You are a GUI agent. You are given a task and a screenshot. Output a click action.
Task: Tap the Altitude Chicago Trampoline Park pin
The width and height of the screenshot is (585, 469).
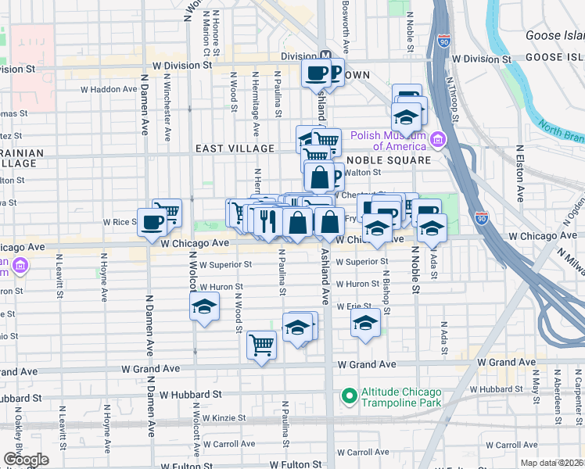pyautogui.click(x=347, y=397)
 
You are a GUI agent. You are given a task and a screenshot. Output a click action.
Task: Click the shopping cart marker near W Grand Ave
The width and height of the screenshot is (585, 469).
pyautogui.click(x=261, y=344)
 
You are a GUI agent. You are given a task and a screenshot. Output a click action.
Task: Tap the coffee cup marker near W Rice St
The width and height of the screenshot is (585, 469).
pyautogui.click(x=152, y=222)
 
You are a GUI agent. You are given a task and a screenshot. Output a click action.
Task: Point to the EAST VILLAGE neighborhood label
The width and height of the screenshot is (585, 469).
pyautogui.click(x=235, y=149)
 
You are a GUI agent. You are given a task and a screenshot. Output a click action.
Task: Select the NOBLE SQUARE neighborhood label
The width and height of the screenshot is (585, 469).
pyautogui.click(x=390, y=160)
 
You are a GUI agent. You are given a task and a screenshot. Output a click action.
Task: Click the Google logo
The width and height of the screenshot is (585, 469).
pyautogui.click(x=26, y=460)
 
